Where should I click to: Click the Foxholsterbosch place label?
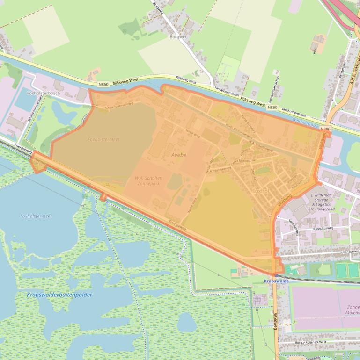coord(44,93)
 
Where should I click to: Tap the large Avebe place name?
coord(178,155)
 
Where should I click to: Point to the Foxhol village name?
coord(260,191)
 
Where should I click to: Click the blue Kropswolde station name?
coord(276,281)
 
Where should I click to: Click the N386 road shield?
coord(326,129)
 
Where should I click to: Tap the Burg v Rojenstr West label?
coord(311,343)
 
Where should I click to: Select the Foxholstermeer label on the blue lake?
coord(36,216)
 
